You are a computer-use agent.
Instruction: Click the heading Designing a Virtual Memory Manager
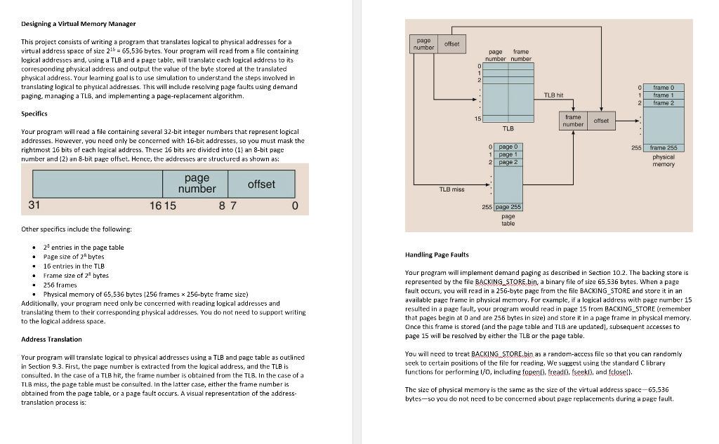click(x=79, y=24)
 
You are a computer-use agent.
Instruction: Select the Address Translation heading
click(x=51, y=339)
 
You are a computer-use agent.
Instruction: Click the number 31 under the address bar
click(x=34, y=206)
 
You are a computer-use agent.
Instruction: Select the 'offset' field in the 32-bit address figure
click(x=261, y=184)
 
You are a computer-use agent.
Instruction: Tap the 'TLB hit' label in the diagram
click(x=554, y=95)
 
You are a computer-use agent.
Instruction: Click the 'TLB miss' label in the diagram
click(x=451, y=189)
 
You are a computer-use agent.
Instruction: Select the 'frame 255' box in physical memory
click(x=663, y=148)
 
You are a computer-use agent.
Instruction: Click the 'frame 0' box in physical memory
click(x=663, y=88)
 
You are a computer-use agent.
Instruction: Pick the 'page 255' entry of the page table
click(x=508, y=207)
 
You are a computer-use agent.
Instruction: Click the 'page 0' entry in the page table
click(x=508, y=146)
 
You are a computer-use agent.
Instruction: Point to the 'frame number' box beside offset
click(x=573, y=121)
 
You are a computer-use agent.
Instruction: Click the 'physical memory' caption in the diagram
click(x=663, y=161)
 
